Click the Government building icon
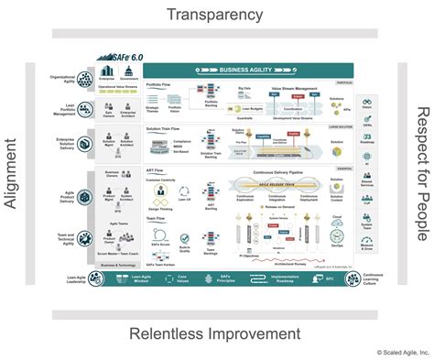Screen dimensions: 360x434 click(x=129, y=72)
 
